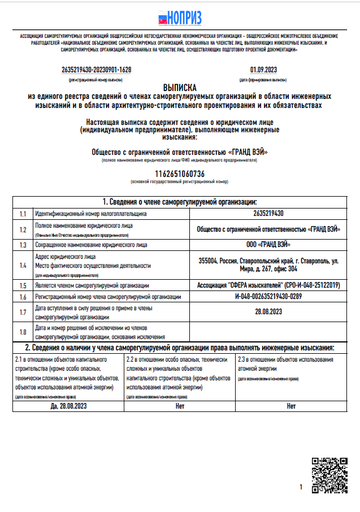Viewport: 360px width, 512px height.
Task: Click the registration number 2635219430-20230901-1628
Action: click(96, 70)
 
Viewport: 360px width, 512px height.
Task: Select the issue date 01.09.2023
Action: click(263, 70)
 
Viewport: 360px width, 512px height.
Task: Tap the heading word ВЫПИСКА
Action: click(180, 88)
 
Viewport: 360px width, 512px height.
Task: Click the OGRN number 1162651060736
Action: click(180, 173)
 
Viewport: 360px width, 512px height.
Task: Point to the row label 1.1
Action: click(23, 214)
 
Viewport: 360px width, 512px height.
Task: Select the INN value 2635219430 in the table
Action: click(268, 214)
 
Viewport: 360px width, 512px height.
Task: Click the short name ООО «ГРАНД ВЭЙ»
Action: click(268, 245)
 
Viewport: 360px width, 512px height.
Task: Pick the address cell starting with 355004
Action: click(268, 265)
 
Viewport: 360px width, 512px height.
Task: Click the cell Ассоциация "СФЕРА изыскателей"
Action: click(268, 285)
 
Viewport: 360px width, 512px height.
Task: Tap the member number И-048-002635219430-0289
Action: click(268, 297)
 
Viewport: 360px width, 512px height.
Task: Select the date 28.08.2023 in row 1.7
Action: click(268, 311)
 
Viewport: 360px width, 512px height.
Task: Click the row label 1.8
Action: click(23, 332)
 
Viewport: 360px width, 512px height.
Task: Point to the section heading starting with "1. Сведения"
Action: click(180, 202)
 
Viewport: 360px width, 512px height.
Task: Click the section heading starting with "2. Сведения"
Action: click(180, 347)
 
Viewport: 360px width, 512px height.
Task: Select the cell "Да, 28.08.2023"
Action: click(68, 406)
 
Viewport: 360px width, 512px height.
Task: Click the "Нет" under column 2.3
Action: click(291, 406)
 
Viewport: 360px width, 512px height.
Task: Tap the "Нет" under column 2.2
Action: click(180, 406)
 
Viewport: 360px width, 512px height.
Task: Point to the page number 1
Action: click(301, 487)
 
